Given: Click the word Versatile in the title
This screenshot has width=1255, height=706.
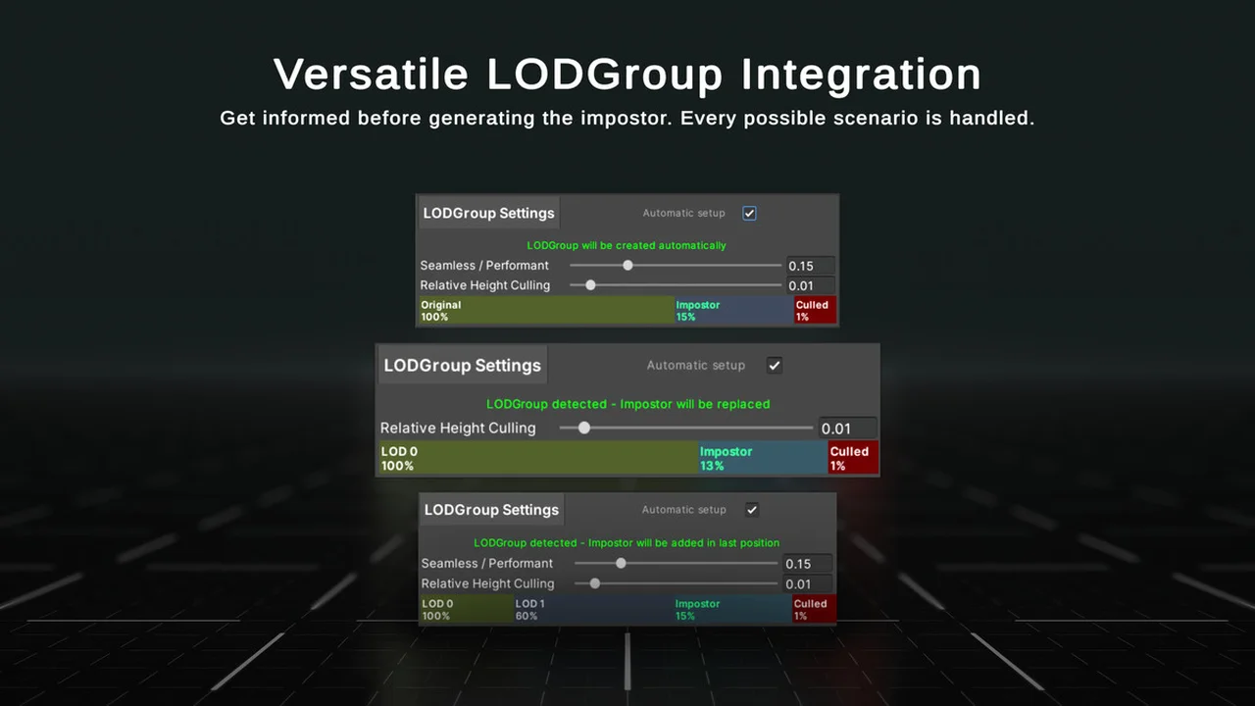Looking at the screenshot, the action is point(371,74).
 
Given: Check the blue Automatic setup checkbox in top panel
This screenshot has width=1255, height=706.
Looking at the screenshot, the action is point(749,214).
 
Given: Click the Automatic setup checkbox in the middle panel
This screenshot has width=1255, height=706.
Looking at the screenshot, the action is point(775,366).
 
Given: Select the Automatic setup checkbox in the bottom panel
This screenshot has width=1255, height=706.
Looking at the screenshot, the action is point(752,510).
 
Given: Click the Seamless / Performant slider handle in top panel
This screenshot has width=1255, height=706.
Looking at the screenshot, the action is point(628,266).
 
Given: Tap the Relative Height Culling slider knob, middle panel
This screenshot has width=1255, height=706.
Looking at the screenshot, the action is point(583,429).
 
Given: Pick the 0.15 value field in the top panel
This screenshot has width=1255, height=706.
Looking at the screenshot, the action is point(810,266).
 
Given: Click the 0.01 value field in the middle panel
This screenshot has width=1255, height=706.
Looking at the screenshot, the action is point(847,429).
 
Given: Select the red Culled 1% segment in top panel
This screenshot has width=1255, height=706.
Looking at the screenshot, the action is point(815,311).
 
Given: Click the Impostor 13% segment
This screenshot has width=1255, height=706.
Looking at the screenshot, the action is point(763,458).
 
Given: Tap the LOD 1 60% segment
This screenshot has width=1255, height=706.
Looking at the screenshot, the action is point(593,609).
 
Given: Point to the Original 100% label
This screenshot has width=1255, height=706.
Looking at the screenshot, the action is point(441,311).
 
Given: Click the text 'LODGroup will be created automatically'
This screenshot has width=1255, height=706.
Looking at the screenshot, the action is point(627,245).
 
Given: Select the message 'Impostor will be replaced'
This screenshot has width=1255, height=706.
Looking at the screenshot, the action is point(695,404).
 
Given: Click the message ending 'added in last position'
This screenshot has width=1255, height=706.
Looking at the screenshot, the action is point(627,543).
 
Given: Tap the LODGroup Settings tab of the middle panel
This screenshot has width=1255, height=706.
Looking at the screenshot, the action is point(462,366).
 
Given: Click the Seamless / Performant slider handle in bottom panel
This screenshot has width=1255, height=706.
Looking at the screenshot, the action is point(621,563).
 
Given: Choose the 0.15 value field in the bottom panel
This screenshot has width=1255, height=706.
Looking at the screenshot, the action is point(807,564).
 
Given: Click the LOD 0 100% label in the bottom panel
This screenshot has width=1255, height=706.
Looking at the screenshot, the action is point(437,610).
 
